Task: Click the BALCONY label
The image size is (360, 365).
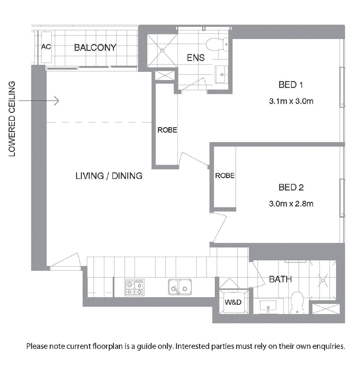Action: [x=95, y=48]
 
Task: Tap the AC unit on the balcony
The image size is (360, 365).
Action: [x=46, y=47]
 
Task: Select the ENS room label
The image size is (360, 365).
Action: [x=196, y=58]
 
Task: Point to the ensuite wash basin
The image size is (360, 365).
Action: [x=221, y=75]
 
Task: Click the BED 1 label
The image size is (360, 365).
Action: [x=291, y=85]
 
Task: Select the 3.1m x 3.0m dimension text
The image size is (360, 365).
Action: [x=291, y=101]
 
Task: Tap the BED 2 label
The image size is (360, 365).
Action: [x=291, y=187]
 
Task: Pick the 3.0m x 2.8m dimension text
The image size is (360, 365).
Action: [x=291, y=204]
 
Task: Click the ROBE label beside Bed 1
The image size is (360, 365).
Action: [x=167, y=130]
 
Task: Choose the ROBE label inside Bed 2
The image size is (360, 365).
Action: [x=225, y=175]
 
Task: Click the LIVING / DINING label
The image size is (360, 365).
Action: [x=109, y=176]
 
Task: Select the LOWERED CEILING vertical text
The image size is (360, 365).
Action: [x=12, y=119]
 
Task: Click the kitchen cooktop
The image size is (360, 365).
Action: [x=134, y=287]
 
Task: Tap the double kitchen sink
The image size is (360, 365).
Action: [x=180, y=287]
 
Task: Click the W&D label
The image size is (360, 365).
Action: [x=233, y=302]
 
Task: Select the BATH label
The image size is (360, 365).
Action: [x=280, y=279]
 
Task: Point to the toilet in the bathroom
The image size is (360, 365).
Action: [x=297, y=303]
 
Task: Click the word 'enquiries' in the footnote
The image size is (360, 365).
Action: [x=328, y=347]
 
